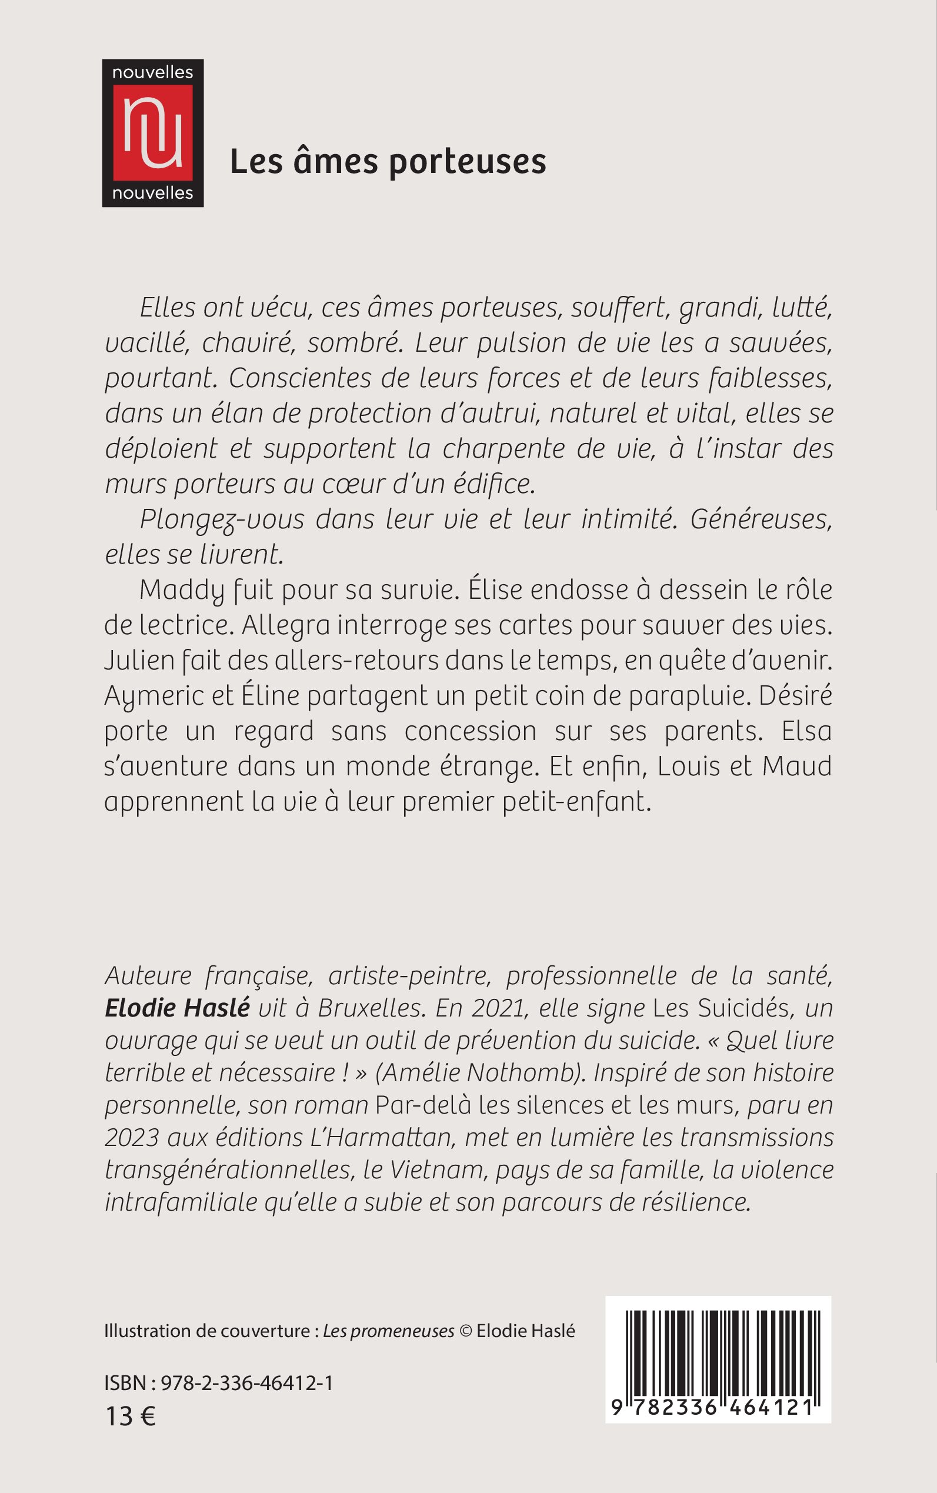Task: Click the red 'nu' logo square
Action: [x=152, y=132]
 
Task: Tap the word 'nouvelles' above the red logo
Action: [x=152, y=72]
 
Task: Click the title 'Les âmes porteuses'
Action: [x=388, y=162]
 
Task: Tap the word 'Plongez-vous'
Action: [x=222, y=519]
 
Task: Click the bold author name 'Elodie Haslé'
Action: [x=177, y=1008]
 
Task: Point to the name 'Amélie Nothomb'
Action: [x=481, y=1073]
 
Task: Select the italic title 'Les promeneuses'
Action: [x=389, y=1331]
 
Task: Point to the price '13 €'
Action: [x=130, y=1416]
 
